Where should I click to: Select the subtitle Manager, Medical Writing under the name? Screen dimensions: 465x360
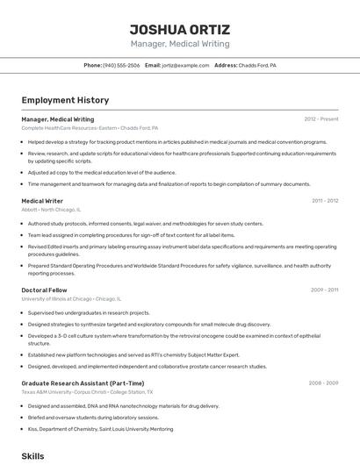[x=180, y=44]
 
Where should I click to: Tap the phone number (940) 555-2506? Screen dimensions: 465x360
[x=121, y=66]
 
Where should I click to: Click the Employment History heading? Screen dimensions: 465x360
[x=65, y=100]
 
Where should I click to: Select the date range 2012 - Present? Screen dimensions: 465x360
[x=321, y=119]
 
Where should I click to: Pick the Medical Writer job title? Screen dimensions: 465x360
[x=42, y=201]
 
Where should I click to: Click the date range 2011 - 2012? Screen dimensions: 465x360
[x=325, y=201]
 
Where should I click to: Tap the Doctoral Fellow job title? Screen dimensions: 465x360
[x=45, y=290]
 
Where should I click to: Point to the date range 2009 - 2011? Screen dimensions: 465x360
[x=325, y=290]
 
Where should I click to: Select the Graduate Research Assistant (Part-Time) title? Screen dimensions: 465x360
[x=83, y=383]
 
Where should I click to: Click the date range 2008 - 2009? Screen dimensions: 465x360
[x=324, y=383]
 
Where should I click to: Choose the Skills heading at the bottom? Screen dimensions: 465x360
[x=32, y=456]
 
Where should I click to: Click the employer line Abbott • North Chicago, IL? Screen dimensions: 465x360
[x=51, y=211]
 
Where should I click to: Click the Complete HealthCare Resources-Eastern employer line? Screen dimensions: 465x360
[x=90, y=128]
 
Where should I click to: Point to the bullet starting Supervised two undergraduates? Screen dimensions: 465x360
[x=89, y=312]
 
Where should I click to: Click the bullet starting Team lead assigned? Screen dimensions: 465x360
[x=131, y=235]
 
